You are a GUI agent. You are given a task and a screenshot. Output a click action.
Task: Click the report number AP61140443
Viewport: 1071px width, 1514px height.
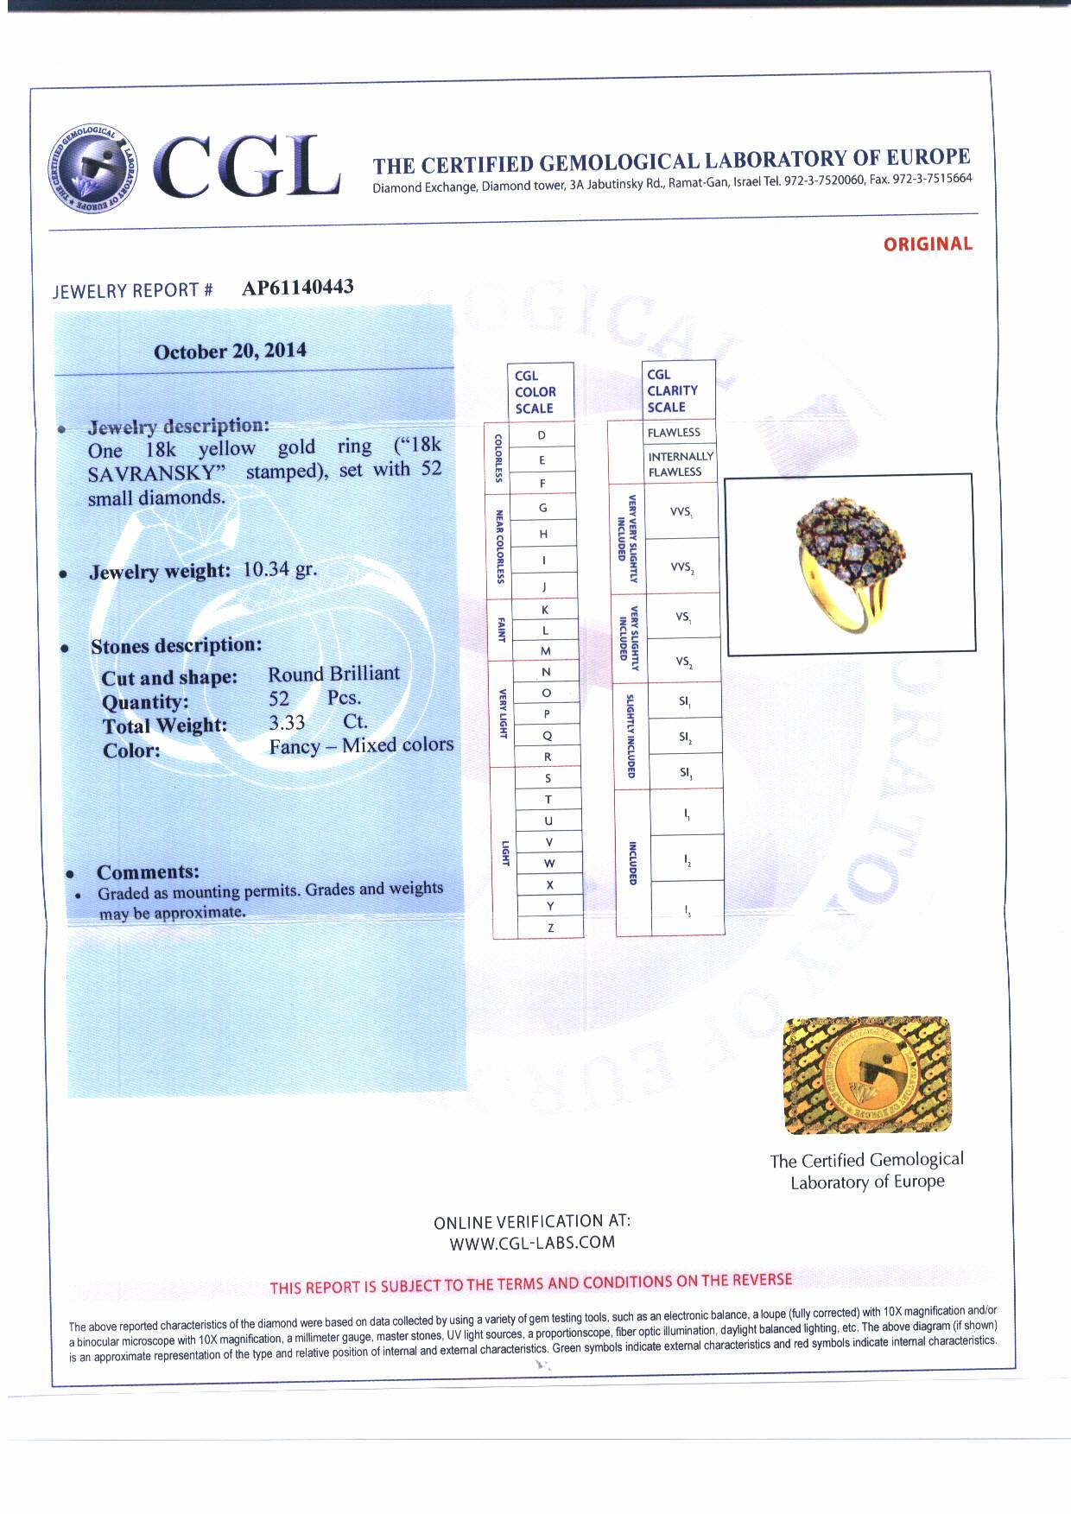[297, 288]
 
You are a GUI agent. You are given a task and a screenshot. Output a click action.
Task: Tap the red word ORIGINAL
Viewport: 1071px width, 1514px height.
[927, 244]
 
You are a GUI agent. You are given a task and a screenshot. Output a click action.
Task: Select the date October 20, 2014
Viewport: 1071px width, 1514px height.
[230, 352]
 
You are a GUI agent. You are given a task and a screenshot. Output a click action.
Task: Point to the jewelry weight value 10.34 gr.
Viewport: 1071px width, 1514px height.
[280, 570]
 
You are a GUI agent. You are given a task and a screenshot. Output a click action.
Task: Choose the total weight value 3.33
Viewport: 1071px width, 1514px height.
[287, 723]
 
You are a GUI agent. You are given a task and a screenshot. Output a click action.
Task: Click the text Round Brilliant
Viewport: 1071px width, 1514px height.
[333, 674]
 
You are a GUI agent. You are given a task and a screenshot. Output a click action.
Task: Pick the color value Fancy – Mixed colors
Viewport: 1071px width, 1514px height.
[361, 745]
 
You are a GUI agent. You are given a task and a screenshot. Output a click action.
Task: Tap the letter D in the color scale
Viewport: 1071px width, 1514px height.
[542, 435]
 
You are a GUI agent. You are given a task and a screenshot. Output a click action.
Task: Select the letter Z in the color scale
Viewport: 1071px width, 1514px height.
[550, 928]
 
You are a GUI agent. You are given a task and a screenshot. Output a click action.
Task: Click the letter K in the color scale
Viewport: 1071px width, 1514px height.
[544, 610]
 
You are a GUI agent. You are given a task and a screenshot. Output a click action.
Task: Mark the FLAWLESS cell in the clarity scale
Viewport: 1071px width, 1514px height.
[674, 432]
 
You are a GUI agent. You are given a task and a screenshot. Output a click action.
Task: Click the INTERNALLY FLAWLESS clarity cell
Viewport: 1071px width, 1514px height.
[681, 464]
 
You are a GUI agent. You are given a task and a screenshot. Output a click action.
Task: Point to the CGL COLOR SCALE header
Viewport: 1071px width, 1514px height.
[535, 391]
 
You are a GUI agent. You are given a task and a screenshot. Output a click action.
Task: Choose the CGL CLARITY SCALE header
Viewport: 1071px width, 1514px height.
[672, 390]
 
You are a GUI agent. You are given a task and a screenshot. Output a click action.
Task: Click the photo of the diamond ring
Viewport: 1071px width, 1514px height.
[850, 563]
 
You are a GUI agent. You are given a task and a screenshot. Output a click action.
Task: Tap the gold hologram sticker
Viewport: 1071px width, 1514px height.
[867, 1075]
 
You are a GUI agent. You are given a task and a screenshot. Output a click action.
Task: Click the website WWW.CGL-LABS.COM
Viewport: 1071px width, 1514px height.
[532, 1243]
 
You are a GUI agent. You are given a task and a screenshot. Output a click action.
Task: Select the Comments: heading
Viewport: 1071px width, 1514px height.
[148, 872]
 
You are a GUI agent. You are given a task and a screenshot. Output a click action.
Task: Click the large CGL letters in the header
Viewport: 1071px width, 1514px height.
[247, 167]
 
